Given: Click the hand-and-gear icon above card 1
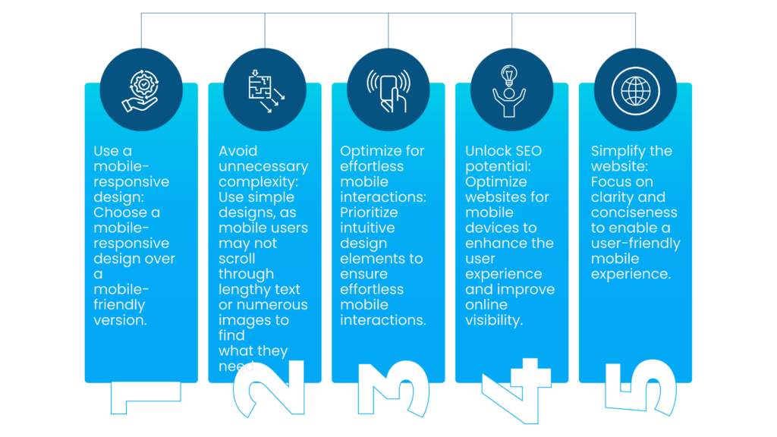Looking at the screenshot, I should pyautogui.click(x=141, y=90).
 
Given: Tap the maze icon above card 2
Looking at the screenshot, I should pyautogui.click(x=265, y=90).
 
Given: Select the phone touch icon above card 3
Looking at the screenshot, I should pyautogui.click(x=388, y=90).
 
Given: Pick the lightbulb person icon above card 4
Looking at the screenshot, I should pyautogui.click(x=512, y=90).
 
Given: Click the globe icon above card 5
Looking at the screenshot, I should pyautogui.click(x=636, y=90).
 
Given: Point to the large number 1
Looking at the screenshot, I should pyautogui.click(x=145, y=397).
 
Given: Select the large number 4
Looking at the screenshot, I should pyautogui.click(x=517, y=390).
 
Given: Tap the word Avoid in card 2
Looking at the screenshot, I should pyautogui.click(x=238, y=151).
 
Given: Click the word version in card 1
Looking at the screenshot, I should pyautogui.click(x=119, y=320).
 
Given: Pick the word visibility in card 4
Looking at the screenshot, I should pyautogui.click(x=494, y=320).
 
